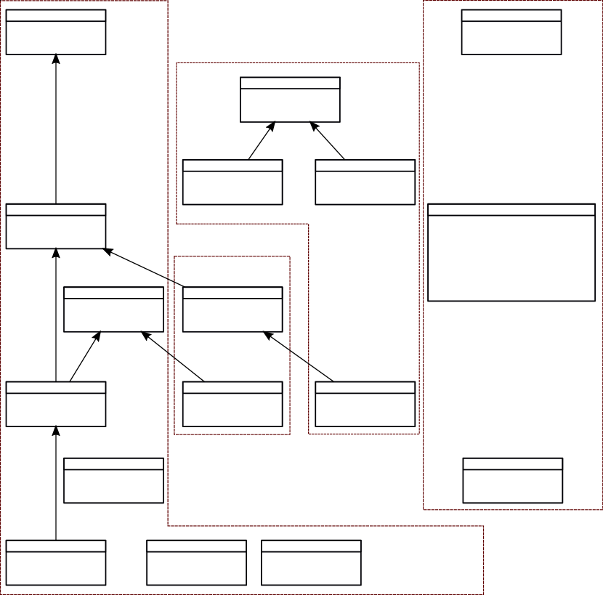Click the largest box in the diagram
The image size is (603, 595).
(x=511, y=252)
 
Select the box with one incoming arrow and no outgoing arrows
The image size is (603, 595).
(x=56, y=32)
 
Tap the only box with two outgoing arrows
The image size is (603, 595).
(x=56, y=404)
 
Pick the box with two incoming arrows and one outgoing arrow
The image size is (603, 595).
(x=56, y=226)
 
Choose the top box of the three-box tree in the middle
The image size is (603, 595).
(x=290, y=100)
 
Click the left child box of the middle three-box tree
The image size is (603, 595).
(x=232, y=182)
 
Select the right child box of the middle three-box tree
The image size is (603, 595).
(x=365, y=182)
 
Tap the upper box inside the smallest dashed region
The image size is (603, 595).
(x=232, y=309)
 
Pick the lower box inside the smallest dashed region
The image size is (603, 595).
(x=232, y=404)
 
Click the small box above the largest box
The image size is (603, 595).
(x=511, y=32)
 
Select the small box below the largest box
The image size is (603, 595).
(x=513, y=480)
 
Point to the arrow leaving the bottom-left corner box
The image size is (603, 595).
(x=56, y=483)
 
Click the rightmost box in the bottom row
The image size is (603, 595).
(x=311, y=562)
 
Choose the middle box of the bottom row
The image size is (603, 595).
(x=196, y=562)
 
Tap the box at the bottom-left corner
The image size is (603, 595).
(x=56, y=562)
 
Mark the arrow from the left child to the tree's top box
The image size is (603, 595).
(x=262, y=141)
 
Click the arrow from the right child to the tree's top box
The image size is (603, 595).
(x=328, y=141)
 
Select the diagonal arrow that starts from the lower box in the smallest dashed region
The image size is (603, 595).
(x=173, y=357)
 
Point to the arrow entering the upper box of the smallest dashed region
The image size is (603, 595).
(x=299, y=357)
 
